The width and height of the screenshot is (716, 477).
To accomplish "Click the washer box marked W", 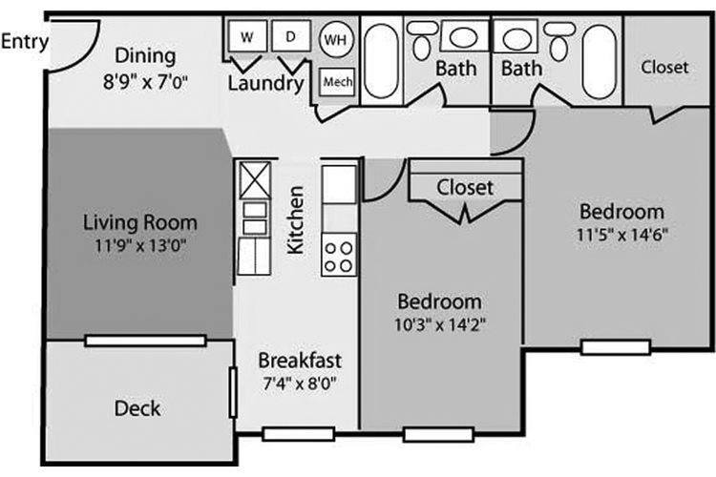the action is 247,36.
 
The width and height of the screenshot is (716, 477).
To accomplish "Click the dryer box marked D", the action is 291,35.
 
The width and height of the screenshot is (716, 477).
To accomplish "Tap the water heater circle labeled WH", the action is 336,39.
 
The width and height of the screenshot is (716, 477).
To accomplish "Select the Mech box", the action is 337,82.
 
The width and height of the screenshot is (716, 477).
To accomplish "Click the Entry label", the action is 24,42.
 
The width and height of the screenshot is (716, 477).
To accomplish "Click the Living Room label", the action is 140,222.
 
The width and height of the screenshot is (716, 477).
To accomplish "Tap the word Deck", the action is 137,408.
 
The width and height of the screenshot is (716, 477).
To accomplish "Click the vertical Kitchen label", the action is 295,219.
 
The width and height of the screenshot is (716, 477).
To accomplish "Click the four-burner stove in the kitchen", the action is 339,255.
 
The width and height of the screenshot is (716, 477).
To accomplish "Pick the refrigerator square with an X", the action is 255,180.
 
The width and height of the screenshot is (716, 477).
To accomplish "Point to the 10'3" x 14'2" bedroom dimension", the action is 439,324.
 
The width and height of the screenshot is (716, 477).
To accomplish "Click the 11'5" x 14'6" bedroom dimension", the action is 621,235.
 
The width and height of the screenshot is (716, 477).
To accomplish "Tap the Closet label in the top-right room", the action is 664,67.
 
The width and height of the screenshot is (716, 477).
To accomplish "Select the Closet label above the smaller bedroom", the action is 465,188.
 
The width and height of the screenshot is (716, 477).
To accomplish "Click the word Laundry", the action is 265,84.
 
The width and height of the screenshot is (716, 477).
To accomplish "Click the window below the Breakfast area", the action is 299,434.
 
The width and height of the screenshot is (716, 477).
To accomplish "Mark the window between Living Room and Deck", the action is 146,341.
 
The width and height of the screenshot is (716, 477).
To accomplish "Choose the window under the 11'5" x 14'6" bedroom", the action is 616,347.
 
